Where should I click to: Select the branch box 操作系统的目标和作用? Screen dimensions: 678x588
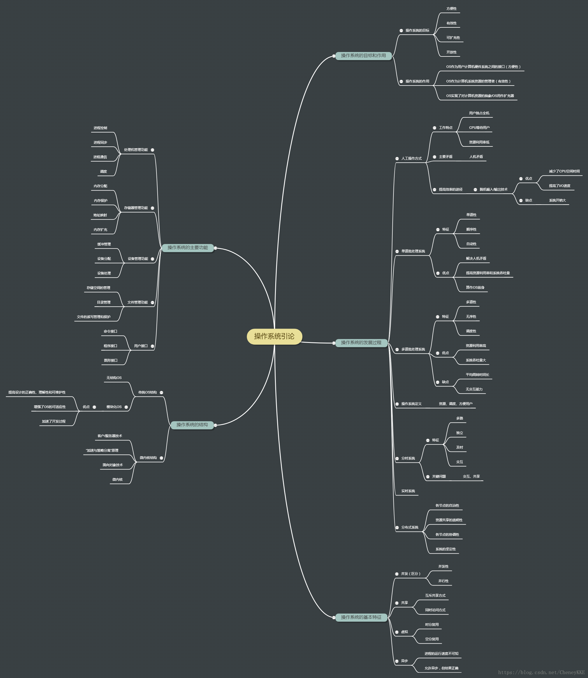[x=363, y=56]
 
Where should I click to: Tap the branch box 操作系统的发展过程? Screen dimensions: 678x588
[x=361, y=343]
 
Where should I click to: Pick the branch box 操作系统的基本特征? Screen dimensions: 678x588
[x=361, y=617]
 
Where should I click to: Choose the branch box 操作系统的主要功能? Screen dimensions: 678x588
[x=188, y=248]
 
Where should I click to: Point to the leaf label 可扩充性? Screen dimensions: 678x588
[x=453, y=38]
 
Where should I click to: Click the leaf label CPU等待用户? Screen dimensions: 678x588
[x=479, y=128]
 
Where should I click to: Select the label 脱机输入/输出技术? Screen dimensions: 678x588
[x=493, y=189]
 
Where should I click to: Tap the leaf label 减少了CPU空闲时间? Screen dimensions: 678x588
[x=564, y=171]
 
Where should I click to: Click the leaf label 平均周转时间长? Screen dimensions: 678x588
[x=477, y=375]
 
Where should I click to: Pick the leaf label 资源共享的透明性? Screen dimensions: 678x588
[x=449, y=520]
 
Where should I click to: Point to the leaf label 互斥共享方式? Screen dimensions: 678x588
[x=435, y=596]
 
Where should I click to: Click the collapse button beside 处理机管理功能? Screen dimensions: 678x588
[x=153, y=150]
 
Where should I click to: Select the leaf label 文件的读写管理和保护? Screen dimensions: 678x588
[x=94, y=317]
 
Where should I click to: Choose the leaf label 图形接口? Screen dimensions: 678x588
[x=111, y=360]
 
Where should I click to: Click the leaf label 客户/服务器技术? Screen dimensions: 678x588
[x=110, y=436]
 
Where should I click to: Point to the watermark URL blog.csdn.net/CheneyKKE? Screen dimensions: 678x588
[x=541, y=672]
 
